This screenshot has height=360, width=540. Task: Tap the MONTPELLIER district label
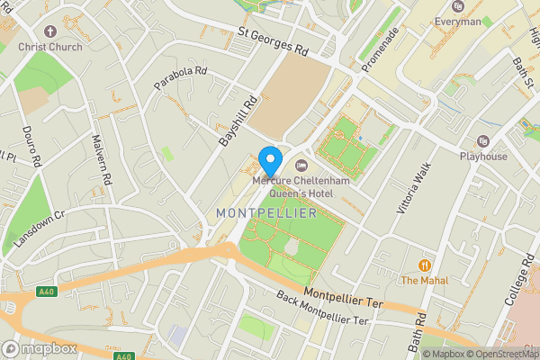click(266, 213)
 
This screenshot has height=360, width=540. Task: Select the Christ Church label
click(49, 47)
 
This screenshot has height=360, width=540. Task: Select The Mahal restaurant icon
click(423, 265)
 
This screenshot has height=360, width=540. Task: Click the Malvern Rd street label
click(104, 160)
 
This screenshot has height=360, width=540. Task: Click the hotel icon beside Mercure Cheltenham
click(301, 165)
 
